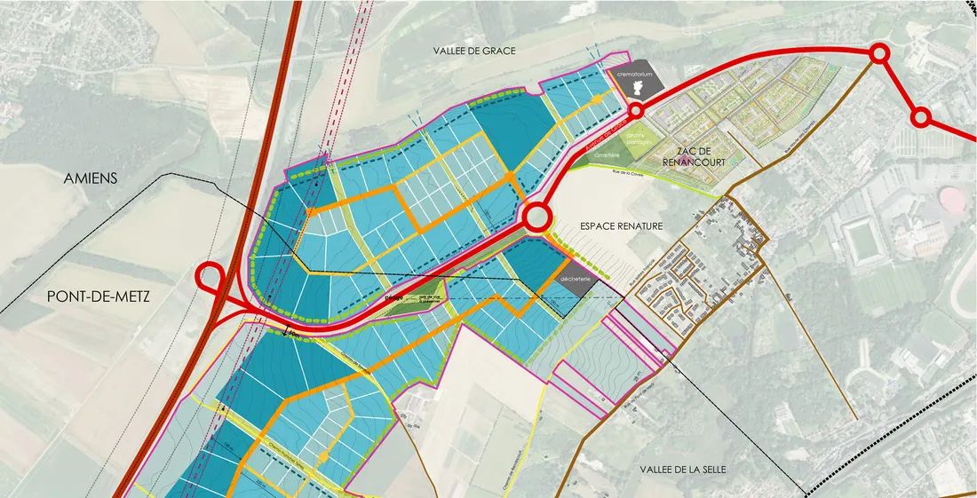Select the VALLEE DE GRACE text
point(474,51)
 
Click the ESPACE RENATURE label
point(621,226)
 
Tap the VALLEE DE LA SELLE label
point(684,468)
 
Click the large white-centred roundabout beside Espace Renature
point(536,218)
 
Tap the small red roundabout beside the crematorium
point(636,110)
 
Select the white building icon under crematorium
point(636,86)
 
